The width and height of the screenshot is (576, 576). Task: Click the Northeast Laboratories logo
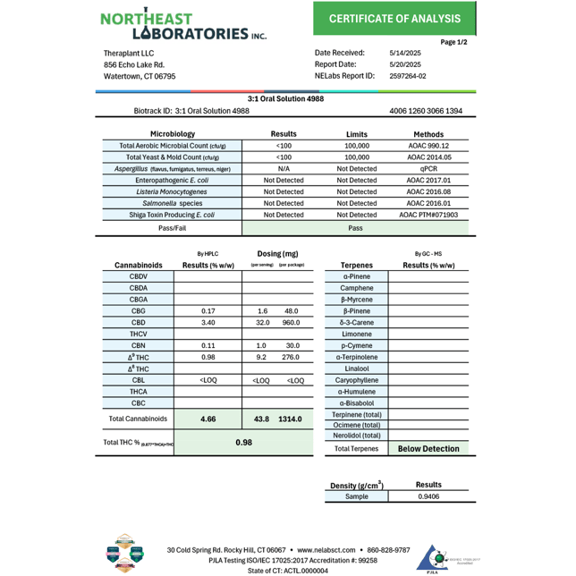pos(179,25)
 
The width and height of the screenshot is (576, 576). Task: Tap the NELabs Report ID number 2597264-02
pos(408,77)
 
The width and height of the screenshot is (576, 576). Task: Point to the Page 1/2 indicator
pos(454,42)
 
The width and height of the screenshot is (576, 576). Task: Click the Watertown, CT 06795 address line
pos(140,77)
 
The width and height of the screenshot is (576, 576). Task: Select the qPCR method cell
pos(428,168)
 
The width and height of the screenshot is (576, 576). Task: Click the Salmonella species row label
pos(172,203)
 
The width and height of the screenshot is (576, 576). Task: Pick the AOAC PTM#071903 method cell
pos(428,215)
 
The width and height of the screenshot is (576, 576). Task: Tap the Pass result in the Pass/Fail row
pos(356,228)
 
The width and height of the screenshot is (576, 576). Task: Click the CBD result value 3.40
pos(208,322)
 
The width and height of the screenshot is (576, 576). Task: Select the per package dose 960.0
pos(291,322)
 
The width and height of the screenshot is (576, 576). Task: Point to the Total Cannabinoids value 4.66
pos(208,419)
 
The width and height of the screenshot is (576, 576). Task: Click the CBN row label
pos(138,345)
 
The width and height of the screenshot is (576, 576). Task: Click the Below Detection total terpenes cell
pos(428,449)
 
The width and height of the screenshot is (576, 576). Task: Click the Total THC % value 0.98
pos(241,442)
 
